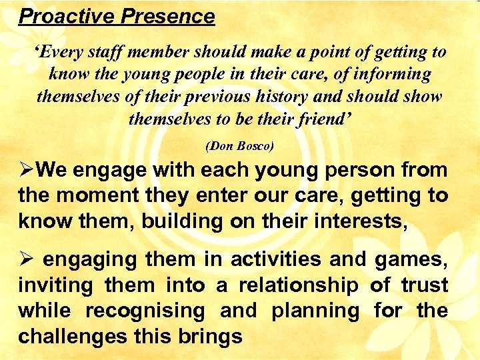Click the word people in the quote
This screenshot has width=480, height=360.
(197, 74)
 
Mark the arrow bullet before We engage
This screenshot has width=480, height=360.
(26, 171)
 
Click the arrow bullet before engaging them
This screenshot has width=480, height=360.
(26, 260)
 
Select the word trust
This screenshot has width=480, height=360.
(424, 285)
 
